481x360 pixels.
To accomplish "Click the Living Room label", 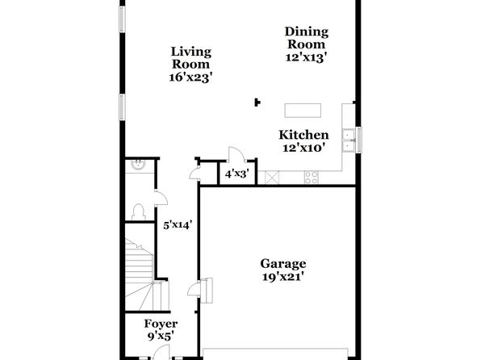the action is click(190, 57).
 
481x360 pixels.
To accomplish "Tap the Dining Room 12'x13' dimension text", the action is click(306, 57).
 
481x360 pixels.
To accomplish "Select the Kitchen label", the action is click(303, 135).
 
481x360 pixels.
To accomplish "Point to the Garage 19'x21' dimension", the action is click(283, 277).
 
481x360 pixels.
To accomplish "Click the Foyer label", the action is click(161, 324).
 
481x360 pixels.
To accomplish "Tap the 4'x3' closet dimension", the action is click(236, 174).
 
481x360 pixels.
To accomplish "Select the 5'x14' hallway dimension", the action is click(178, 225).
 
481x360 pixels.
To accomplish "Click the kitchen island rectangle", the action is click(303, 111).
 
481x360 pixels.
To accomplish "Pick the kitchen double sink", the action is click(349, 140).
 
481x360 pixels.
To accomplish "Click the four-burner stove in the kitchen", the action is click(311, 178).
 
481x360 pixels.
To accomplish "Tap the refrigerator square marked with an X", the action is click(272, 178).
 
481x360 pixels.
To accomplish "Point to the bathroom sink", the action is click(138, 165).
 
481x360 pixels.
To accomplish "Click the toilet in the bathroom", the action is click(139, 212).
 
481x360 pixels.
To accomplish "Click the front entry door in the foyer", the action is click(161, 352).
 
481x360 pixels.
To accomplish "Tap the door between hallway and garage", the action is click(194, 288).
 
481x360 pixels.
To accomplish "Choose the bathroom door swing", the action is click(161, 198).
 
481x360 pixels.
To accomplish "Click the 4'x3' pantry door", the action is click(236, 154).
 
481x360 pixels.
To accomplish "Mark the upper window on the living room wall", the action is click(122, 19).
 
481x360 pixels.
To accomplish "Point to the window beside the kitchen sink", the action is click(358, 140).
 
